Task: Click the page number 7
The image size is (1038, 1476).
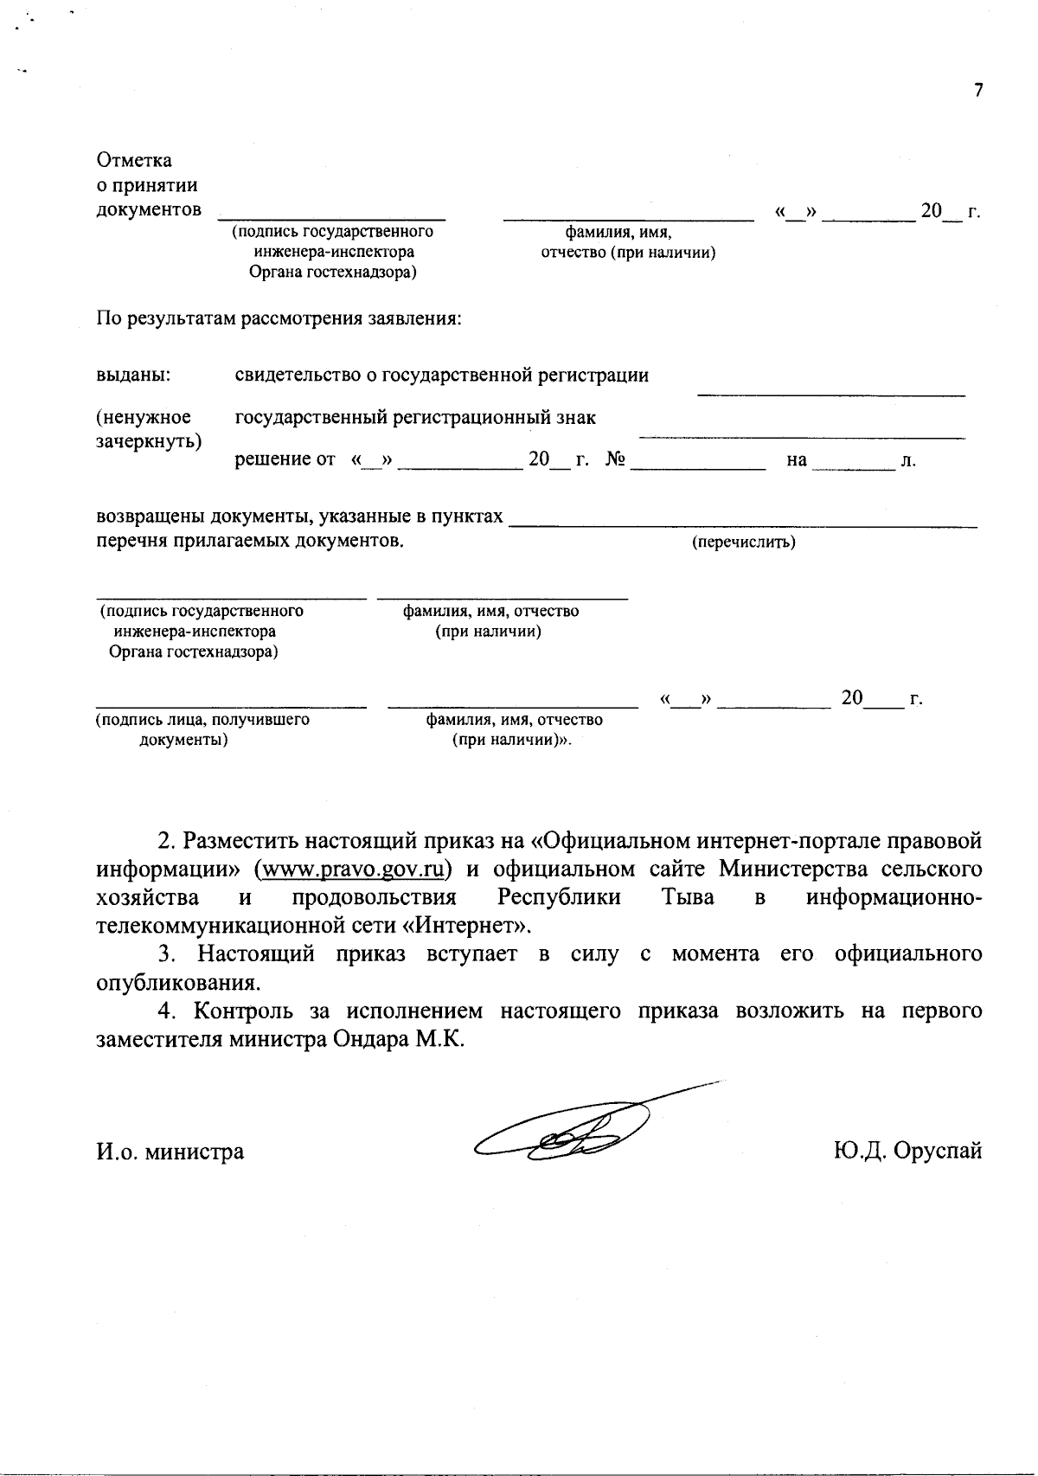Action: (x=978, y=91)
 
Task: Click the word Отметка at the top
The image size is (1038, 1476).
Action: (x=134, y=161)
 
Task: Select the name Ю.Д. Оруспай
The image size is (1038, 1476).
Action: (x=907, y=1152)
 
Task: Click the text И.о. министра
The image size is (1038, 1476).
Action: (x=170, y=1152)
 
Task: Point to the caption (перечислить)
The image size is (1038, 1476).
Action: (x=744, y=542)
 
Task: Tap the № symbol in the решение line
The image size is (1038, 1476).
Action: (x=615, y=459)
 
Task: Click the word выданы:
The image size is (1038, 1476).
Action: (x=133, y=375)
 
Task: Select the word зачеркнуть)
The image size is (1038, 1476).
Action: (x=148, y=440)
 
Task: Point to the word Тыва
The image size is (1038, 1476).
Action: (x=688, y=897)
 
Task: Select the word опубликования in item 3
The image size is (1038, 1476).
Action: (x=176, y=983)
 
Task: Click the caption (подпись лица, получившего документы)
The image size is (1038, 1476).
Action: (x=202, y=729)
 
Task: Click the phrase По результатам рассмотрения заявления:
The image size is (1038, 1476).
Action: (x=279, y=319)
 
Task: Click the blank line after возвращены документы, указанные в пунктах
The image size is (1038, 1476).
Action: (x=744, y=523)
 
